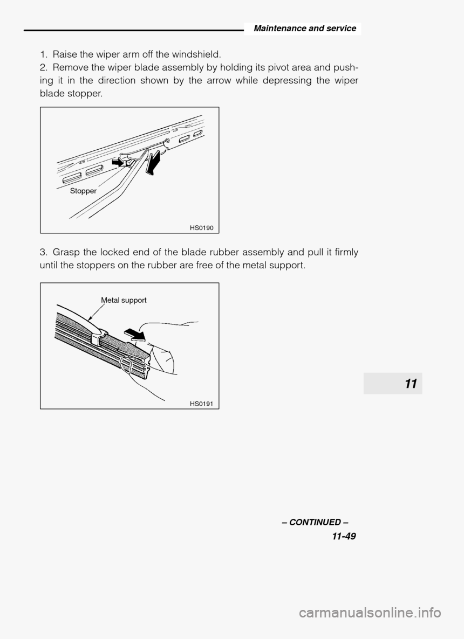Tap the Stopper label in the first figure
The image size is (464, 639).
pyautogui.click(x=83, y=191)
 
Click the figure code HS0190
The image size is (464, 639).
pyautogui.click(x=202, y=228)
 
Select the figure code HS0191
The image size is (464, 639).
pyautogui.click(x=202, y=404)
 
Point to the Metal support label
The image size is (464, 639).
pyautogui.click(x=124, y=300)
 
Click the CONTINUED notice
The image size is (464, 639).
pyautogui.click(x=315, y=523)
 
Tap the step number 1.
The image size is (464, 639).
pyautogui.click(x=42, y=54)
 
